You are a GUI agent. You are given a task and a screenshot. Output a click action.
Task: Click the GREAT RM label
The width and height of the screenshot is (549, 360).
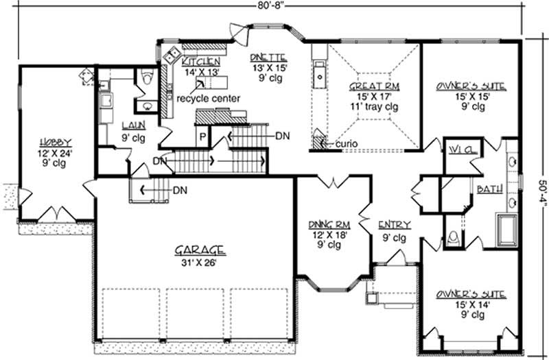point(373,87)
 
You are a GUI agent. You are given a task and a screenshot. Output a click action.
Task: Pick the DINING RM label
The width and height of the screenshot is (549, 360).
point(325,225)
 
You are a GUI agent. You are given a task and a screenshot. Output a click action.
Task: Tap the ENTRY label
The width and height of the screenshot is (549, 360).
point(394,225)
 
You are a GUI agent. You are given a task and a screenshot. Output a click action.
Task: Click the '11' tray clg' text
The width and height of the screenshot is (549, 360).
point(374,107)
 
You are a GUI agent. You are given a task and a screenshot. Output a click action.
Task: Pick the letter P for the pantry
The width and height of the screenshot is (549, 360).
point(202,136)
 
